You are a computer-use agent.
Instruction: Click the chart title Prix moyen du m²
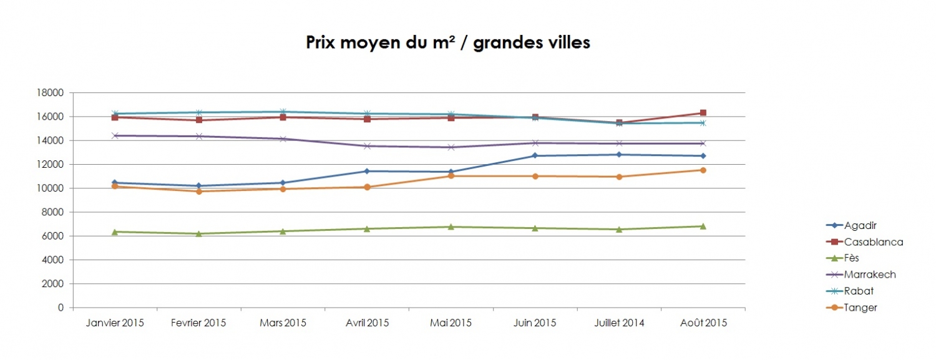447,42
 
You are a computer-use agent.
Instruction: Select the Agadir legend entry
860,225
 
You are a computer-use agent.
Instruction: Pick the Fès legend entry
854,258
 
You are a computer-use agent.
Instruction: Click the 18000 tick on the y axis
51,93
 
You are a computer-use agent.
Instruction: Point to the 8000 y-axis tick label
54,212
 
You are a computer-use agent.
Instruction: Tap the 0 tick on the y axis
61,308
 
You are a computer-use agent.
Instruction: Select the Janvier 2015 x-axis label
115,323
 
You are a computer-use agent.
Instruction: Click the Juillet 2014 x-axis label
618,323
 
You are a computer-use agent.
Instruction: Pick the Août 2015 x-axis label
703,323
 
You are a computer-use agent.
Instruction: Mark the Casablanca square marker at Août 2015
703,113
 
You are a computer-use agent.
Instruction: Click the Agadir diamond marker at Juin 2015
535,155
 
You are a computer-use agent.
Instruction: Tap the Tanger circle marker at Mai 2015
451,176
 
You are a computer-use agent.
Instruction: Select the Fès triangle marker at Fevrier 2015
198,233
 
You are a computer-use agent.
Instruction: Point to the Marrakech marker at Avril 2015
367,146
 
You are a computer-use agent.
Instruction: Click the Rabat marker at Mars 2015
283,112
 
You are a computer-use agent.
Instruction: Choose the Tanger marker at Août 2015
703,170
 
